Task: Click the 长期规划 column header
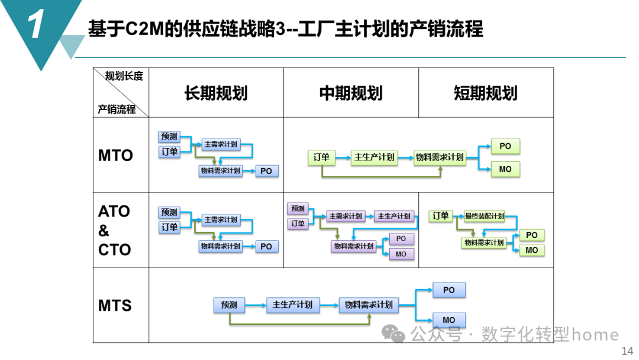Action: click(216, 93)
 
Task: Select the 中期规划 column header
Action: click(351, 93)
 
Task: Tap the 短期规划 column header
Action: click(486, 93)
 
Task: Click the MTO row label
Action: click(115, 156)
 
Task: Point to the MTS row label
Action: click(115, 306)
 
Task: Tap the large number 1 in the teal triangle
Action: click(35, 26)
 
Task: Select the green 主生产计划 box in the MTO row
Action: click(374, 157)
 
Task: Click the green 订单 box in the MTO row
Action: click(321, 157)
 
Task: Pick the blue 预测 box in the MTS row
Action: click(229, 305)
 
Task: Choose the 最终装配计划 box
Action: click(484, 216)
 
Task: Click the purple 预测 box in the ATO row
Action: click(298, 208)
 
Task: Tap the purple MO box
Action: click(401, 254)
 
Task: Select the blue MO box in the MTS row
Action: click(448, 320)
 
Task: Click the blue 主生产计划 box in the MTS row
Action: click(292, 305)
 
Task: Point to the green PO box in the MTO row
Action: click(505, 146)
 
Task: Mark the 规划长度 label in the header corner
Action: click(124, 76)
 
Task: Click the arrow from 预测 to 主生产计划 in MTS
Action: click(254, 305)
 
